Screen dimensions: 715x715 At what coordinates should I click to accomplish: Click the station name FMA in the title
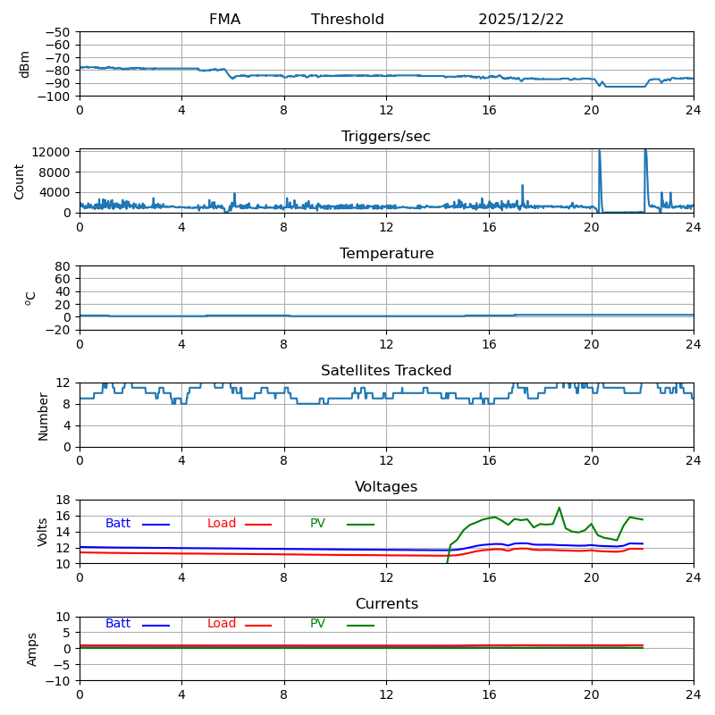point(224,20)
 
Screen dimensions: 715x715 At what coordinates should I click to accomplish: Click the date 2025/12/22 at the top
point(521,20)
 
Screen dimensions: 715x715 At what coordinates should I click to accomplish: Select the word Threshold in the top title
point(348,20)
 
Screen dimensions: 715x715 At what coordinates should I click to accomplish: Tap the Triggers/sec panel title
point(386,137)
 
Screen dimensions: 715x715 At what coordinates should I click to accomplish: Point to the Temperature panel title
point(386,254)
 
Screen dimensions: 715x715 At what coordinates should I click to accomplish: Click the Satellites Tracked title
point(386,371)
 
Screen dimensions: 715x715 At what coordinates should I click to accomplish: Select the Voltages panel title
point(386,487)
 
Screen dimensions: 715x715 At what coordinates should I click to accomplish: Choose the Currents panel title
point(386,604)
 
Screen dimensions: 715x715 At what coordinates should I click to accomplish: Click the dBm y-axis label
point(25,63)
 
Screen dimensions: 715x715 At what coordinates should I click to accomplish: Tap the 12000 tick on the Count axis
point(52,152)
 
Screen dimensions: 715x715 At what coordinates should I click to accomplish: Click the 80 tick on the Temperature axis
point(63,266)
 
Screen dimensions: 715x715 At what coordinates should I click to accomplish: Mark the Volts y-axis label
point(43,532)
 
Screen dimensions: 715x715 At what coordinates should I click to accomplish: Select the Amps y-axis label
point(33,649)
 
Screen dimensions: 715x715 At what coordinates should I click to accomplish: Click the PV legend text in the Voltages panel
point(319,524)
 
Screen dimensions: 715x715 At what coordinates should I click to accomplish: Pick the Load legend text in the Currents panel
point(221,624)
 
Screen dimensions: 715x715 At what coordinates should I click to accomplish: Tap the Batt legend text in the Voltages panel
point(118,524)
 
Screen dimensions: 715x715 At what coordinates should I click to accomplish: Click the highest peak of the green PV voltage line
point(559,508)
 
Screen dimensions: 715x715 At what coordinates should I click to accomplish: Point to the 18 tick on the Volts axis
point(63,500)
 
